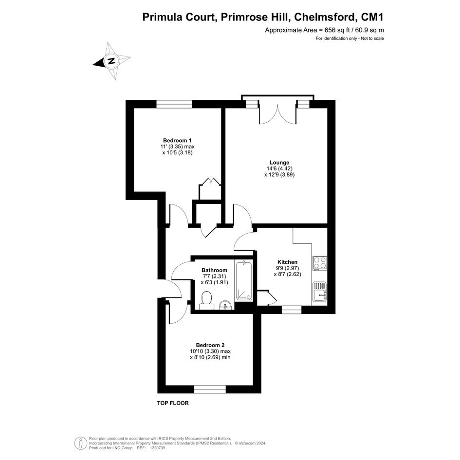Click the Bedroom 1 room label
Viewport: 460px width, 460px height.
point(177,140)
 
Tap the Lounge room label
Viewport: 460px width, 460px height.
point(279,162)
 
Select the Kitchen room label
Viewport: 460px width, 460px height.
point(287,262)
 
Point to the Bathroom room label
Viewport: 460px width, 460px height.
point(214,270)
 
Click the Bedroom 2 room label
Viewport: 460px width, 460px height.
point(210,345)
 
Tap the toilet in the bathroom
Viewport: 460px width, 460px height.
point(207,300)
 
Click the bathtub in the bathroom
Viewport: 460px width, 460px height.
point(244,281)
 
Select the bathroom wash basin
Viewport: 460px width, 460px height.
point(226,305)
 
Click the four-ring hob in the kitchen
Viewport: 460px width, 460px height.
point(320,263)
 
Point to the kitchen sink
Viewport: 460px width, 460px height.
point(320,292)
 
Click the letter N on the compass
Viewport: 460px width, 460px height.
point(111,61)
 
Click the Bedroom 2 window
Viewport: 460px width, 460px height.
point(210,389)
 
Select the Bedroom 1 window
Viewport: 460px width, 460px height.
point(174,104)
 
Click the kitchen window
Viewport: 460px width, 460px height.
point(292,310)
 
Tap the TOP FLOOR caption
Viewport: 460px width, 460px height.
point(173,403)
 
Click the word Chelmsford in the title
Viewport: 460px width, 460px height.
point(325,17)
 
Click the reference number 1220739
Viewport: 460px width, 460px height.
point(157,448)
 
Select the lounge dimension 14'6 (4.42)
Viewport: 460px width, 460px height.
point(279,168)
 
